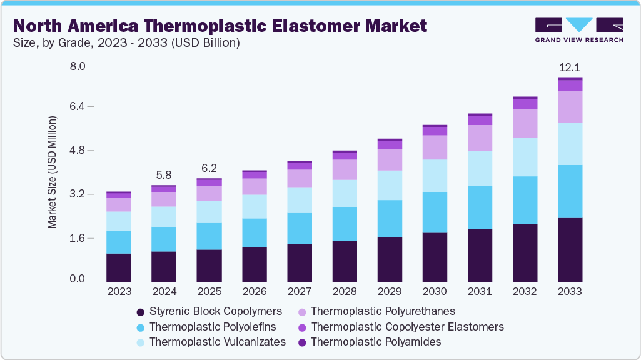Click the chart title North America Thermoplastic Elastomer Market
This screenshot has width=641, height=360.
pos(220,26)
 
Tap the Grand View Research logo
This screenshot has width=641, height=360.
pos(578,30)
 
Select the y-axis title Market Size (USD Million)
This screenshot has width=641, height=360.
pos(53,172)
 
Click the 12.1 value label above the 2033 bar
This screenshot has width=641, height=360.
pos(570,67)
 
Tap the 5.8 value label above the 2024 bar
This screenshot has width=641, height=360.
pos(164,176)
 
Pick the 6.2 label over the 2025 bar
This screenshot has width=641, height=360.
pos(209,169)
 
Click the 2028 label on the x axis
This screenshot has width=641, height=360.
pos(344,292)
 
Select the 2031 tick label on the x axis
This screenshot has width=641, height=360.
pos(480,292)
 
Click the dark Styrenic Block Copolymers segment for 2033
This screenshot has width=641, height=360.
pos(570,250)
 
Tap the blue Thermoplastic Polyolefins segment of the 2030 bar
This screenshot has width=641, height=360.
pos(435,212)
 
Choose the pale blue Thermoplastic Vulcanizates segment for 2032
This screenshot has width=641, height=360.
pos(525,157)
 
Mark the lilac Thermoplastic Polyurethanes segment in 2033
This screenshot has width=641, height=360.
pos(570,107)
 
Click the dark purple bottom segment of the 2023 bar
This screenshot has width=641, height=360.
pos(119,268)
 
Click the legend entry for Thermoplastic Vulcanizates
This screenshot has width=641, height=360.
pos(217,342)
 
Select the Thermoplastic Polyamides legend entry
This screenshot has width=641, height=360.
pos(376,342)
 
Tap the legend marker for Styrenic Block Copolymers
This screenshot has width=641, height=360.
pos(141,311)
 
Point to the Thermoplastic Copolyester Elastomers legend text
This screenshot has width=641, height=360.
pos(407,327)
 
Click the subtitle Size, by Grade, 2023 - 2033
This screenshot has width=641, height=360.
pos(128,43)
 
